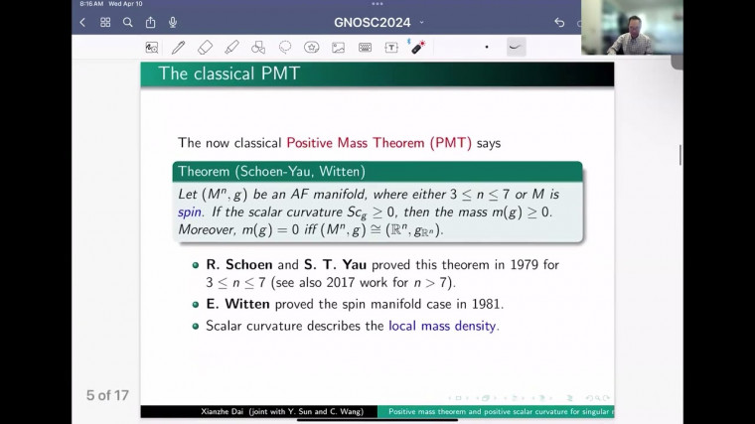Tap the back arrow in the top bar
pyautogui.click(x=82, y=22)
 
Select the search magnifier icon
pyautogui.click(x=128, y=22)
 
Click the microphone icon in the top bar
pyautogui.click(x=173, y=22)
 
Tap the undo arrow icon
pyautogui.click(x=559, y=22)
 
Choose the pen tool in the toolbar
pyautogui.click(x=178, y=47)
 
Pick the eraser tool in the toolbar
pyautogui.click(x=205, y=47)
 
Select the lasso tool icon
pyautogui.click(x=285, y=47)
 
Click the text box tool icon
pyautogui.click(x=391, y=47)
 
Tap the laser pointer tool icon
pyautogui.click(x=417, y=47)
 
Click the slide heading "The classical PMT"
pyautogui.click(x=229, y=73)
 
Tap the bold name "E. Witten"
pyautogui.click(x=236, y=304)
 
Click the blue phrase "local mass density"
pyautogui.click(x=442, y=325)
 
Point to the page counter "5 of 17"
pyautogui.click(x=107, y=395)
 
